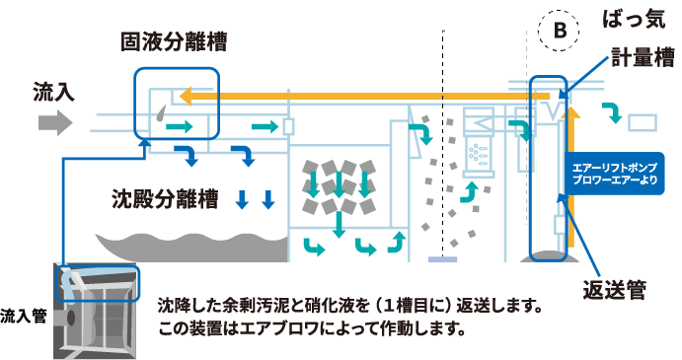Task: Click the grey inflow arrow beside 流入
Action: point(55,123)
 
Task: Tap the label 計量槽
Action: point(641,56)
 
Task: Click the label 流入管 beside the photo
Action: point(25,317)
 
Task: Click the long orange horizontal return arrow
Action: point(355,96)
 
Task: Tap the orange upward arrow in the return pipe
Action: point(577,148)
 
